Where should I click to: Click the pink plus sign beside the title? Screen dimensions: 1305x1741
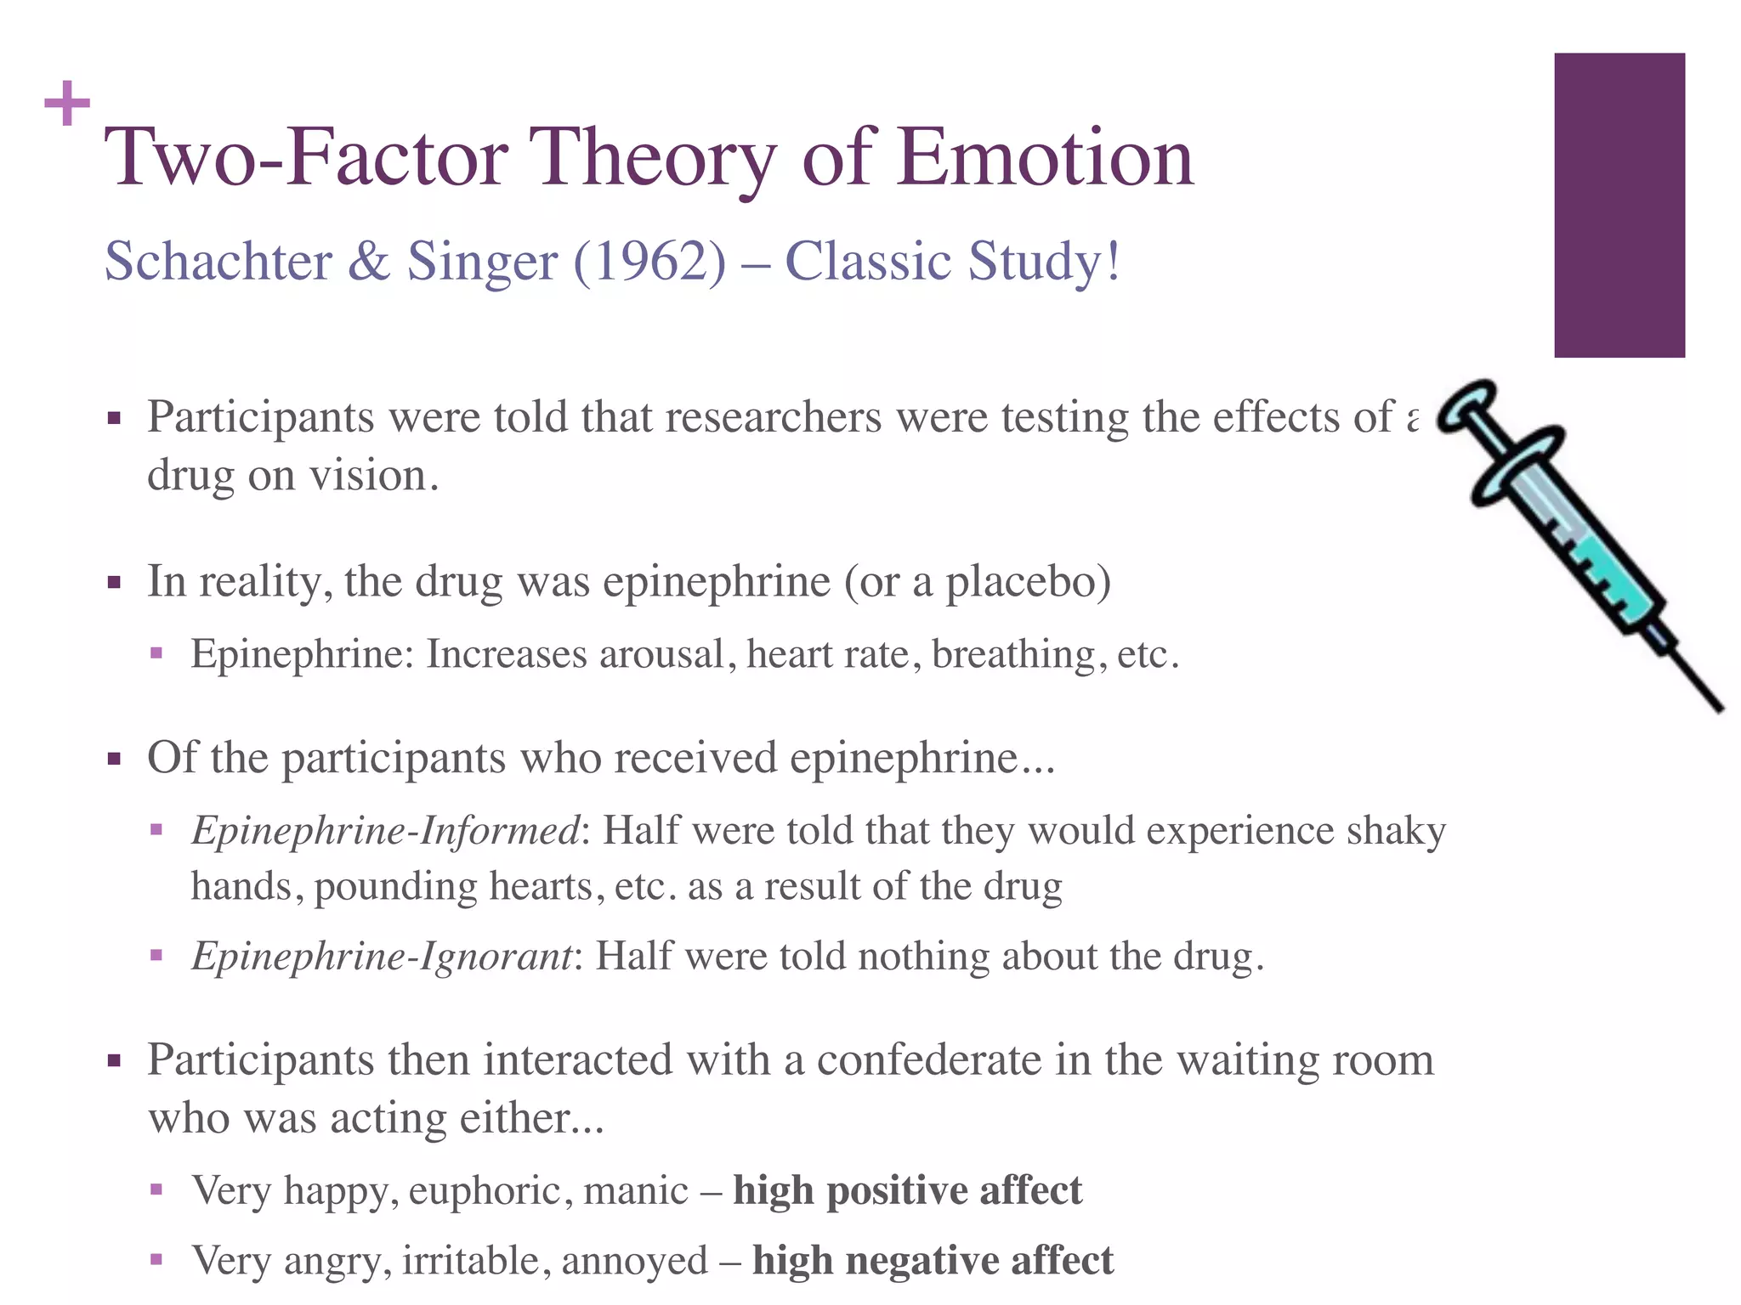click(67, 104)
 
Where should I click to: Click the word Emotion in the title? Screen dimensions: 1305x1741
click(1045, 157)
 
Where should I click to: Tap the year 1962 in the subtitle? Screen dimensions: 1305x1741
click(650, 261)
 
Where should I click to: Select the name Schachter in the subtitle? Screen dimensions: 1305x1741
click(218, 261)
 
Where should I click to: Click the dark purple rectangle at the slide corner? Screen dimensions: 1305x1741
click(1619, 205)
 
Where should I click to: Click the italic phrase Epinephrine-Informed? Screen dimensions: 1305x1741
click(386, 830)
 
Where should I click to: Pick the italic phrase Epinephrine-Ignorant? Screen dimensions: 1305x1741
click(382, 956)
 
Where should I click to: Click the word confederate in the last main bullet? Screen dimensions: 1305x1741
click(929, 1060)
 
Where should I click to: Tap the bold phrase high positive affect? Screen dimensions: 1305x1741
click(907, 1190)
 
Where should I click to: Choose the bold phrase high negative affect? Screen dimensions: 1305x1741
click(933, 1260)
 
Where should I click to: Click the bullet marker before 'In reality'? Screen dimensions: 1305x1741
click(115, 584)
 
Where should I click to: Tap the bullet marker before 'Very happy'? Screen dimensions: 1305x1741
click(156, 1189)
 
